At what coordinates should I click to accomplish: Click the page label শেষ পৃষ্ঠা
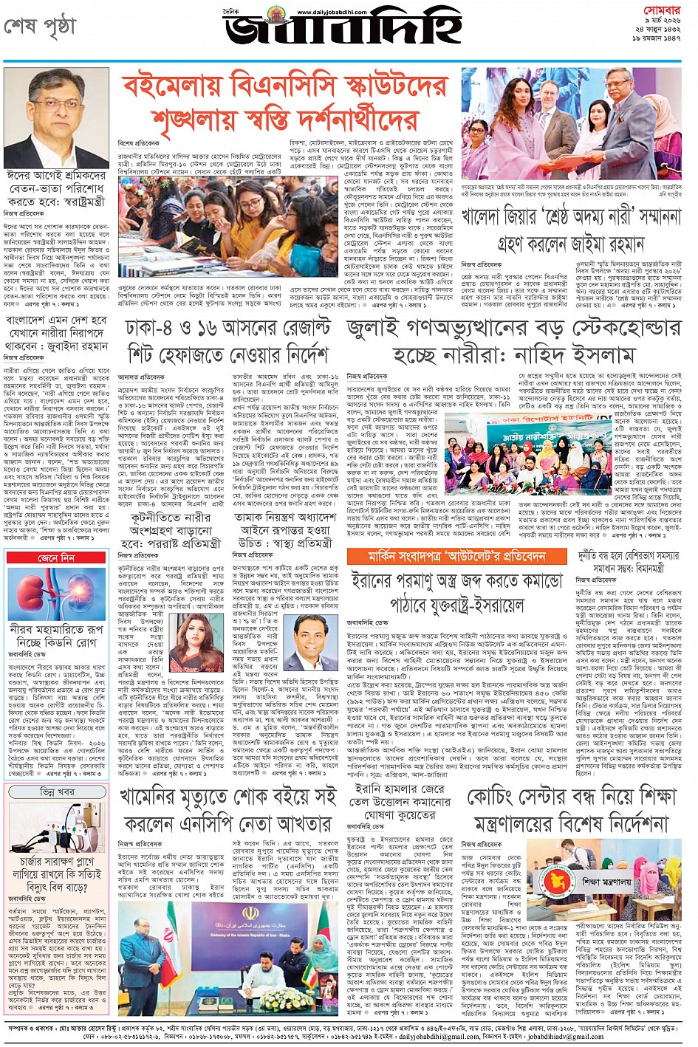click(x=40, y=27)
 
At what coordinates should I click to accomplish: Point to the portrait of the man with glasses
click(x=56, y=119)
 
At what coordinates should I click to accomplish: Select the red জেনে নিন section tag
click(x=56, y=558)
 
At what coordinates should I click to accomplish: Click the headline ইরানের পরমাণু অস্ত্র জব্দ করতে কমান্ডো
click(x=458, y=591)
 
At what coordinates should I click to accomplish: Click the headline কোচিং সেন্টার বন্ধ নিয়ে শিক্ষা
click(x=572, y=809)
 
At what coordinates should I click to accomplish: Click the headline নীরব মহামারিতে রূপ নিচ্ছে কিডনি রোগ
click(x=56, y=636)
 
